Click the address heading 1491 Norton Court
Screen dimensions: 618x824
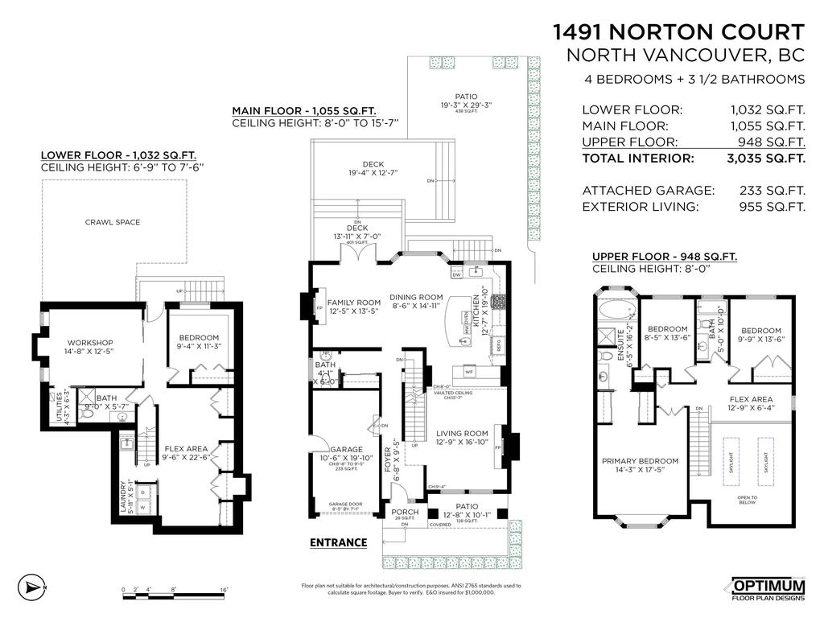pyautogui.click(x=678, y=32)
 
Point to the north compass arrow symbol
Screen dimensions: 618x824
pyautogui.click(x=30, y=587)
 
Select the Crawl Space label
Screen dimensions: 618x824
pyautogui.click(x=112, y=222)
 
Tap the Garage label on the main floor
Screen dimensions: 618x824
pyautogui.click(x=346, y=450)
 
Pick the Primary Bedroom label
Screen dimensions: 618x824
pyautogui.click(x=641, y=461)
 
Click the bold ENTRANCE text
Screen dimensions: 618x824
pyautogui.click(x=338, y=542)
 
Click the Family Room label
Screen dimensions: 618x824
pyautogui.click(x=353, y=303)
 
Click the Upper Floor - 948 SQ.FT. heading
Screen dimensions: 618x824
pyautogui.click(x=664, y=257)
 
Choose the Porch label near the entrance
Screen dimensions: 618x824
pyautogui.click(x=404, y=512)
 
